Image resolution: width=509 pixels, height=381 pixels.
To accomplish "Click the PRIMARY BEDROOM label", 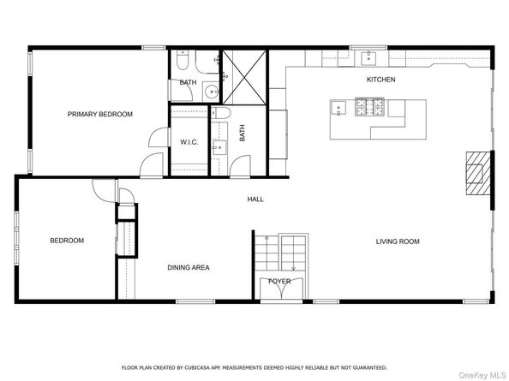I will [x=100, y=114].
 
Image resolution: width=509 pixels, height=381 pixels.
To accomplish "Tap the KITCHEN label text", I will [x=380, y=80].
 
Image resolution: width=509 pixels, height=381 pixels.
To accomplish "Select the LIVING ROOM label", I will [x=398, y=241].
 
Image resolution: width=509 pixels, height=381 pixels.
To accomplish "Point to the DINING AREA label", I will [x=188, y=267].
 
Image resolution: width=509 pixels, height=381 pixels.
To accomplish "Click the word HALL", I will [x=255, y=199].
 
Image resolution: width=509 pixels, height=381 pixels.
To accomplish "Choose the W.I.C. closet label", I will [x=189, y=142].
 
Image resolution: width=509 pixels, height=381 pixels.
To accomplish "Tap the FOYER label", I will [x=279, y=281].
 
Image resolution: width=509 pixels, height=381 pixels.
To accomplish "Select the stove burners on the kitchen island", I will [x=368, y=108].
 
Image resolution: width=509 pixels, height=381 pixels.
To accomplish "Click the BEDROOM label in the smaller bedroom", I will [x=67, y=241].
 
